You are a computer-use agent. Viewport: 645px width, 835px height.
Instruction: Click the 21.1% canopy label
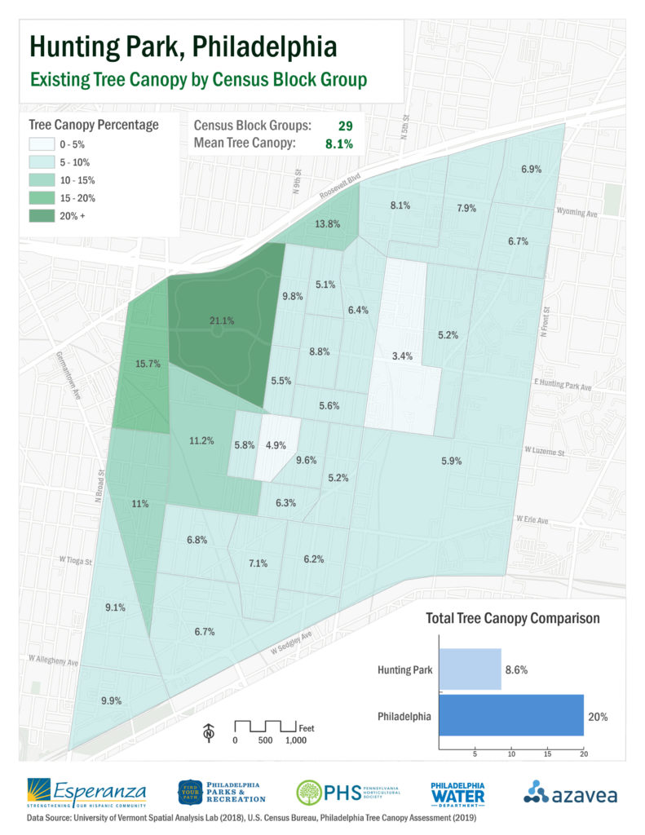point(222,320)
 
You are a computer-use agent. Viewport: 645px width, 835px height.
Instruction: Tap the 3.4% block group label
point(402,356)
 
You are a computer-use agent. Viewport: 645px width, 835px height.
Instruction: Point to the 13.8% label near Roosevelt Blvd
point(327,223)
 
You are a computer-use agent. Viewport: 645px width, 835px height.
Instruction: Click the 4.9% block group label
point(276,445)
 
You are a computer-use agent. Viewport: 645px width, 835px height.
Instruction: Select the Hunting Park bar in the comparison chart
point(470,669)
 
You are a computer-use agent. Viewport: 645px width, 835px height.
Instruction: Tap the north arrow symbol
point(210,732)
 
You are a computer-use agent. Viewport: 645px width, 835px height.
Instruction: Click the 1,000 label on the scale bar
point(296,740)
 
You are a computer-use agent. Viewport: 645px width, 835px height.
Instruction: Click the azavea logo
point(570,792)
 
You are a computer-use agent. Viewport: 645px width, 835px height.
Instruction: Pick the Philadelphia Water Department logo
point(458,792)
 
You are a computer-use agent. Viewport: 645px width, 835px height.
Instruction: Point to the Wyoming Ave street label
point(577,212)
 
